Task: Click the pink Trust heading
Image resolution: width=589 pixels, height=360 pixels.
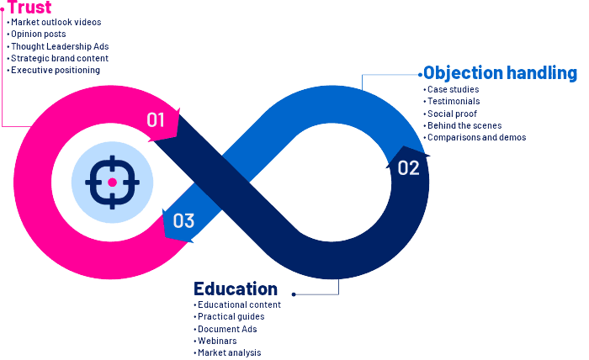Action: [x=29, y=7]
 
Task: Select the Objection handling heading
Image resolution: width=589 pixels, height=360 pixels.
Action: [x=500, y=73]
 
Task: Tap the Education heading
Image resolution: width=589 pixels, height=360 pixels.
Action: [x=236, y=289]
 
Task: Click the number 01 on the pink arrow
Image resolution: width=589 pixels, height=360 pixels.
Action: [x=156, y=120]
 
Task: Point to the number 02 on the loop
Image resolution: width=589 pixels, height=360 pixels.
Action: [x=408, y=167]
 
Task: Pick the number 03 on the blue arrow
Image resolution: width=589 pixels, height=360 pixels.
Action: [x=183, y=220]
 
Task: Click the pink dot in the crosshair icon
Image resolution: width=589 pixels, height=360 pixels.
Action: [x=112, y=183]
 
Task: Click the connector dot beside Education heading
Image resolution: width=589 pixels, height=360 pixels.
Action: [x=294, y=294]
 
